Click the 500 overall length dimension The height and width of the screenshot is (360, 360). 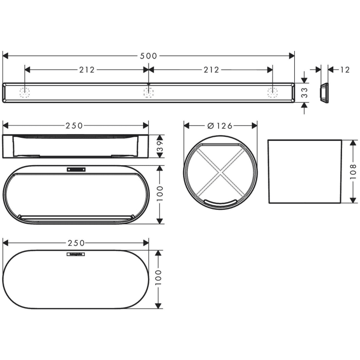[149, 56]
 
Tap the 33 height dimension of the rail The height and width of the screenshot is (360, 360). [304, 93]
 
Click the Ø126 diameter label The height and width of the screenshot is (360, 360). [220, 125]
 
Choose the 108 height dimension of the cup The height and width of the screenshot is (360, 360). [353, 171]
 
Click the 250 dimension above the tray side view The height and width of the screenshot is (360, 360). [75, 125]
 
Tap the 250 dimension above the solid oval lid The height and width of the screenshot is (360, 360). [75, 242]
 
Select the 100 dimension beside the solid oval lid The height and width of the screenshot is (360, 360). [159, 279]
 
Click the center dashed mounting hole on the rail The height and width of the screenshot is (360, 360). [148, 93]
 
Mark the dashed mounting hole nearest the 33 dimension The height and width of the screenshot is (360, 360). [272, 93]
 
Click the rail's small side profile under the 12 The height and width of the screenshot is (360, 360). [323, 93]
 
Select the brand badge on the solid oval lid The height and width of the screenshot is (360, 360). [75, 254]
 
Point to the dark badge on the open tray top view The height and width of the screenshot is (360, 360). [76, 169]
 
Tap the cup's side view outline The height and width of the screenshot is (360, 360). [304, 171]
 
